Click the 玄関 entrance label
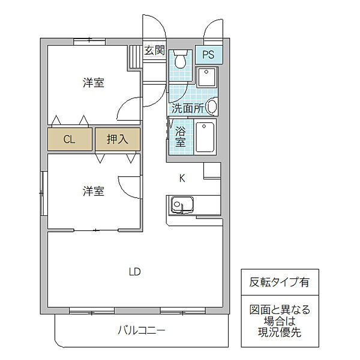(155, 50)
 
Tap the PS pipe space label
(208, 55)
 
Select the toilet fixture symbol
(180, 58)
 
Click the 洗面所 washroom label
(187, 109)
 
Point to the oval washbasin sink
(211, 107)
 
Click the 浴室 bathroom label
(180, 137)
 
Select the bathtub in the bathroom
(205, 137)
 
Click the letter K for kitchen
(181, 177)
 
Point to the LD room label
(134, 271)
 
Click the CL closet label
(70, 139)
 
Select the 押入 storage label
(117, 139)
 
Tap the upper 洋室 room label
(93, 83)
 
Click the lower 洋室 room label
(93, 191)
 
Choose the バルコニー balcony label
(141, 329)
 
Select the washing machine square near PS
(207, 80)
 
